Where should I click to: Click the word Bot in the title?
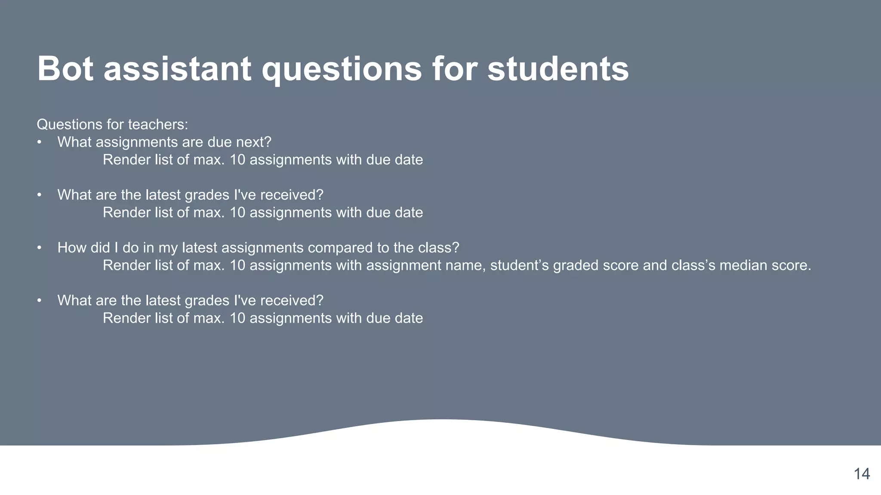(x=65, y=69)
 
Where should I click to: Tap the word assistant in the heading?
(x=177, y=69)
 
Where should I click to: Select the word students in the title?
(x=558, y=69)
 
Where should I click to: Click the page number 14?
(x=862, y=474)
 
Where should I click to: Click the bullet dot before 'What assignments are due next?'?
(x=39, y=142)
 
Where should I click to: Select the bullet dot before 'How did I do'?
(x=39, y=248)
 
